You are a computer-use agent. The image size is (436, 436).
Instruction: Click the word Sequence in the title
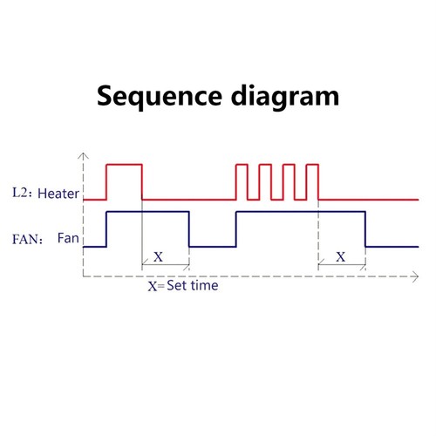click(x=160, y=97)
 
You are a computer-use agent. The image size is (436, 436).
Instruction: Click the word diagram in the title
click(x=285, y=97)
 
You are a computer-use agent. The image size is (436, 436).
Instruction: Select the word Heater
click(x=58, y=194)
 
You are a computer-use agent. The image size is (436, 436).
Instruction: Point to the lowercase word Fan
click(x=68, y=238)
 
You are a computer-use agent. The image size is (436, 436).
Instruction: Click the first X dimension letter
click(x=158, y=257)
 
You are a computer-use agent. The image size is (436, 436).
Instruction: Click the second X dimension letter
click(x=341, y=257)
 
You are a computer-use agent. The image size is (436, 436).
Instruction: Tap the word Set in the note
click(x=176, y=285)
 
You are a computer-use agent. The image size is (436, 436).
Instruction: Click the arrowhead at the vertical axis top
click(x=84, y=155)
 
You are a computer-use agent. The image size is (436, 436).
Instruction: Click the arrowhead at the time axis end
click(x=416, y=276)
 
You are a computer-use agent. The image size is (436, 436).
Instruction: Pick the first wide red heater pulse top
click(x=125, y=165)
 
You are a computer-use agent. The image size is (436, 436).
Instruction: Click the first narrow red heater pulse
click(x=242, y=165)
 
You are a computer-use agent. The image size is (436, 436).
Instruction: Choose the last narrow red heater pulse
click(x=313, y=165)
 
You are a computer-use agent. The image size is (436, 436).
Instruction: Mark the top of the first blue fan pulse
click(x=148, y=212)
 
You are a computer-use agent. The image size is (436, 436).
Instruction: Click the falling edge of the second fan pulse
click(x=365, y=229)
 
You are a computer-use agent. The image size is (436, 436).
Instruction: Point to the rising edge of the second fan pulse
click(x=236, y=229)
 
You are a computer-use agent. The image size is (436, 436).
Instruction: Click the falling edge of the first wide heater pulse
click(x=142, y=182)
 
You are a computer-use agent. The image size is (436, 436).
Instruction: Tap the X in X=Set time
click(x=153, y=287)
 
